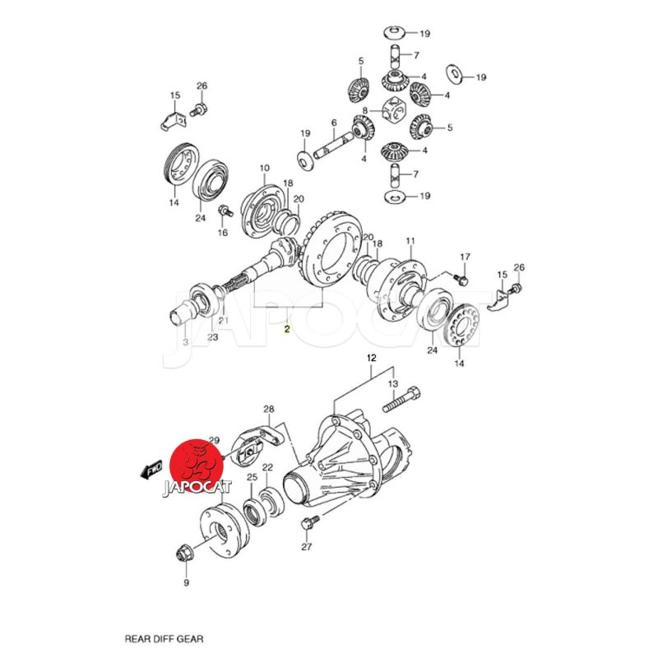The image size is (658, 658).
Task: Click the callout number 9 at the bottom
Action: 186,583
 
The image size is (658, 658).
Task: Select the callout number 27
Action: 307,547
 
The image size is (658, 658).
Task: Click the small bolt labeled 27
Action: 310,522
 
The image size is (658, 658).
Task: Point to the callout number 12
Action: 371,358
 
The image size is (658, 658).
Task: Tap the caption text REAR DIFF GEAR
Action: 163,637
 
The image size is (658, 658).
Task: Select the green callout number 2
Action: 286,331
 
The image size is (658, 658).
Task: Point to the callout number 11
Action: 410,241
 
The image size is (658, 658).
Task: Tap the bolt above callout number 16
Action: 221,213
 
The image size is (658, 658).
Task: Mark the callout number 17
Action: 464,257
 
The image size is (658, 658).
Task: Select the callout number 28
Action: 268,409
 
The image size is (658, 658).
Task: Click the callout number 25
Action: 252,477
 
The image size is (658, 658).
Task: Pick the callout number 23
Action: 212,336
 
